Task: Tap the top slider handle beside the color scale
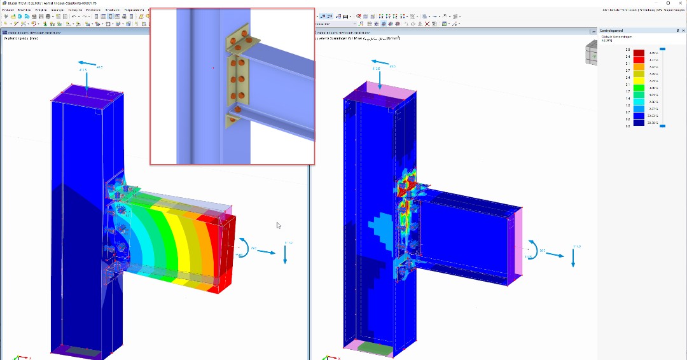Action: tap(662, 48)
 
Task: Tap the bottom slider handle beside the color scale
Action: tap(662, 126)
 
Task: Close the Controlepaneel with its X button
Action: tap(683, 31)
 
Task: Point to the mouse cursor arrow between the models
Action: tap(279, 225)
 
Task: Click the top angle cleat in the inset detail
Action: tap(244, 42)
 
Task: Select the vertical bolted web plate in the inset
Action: tap(237, 80)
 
